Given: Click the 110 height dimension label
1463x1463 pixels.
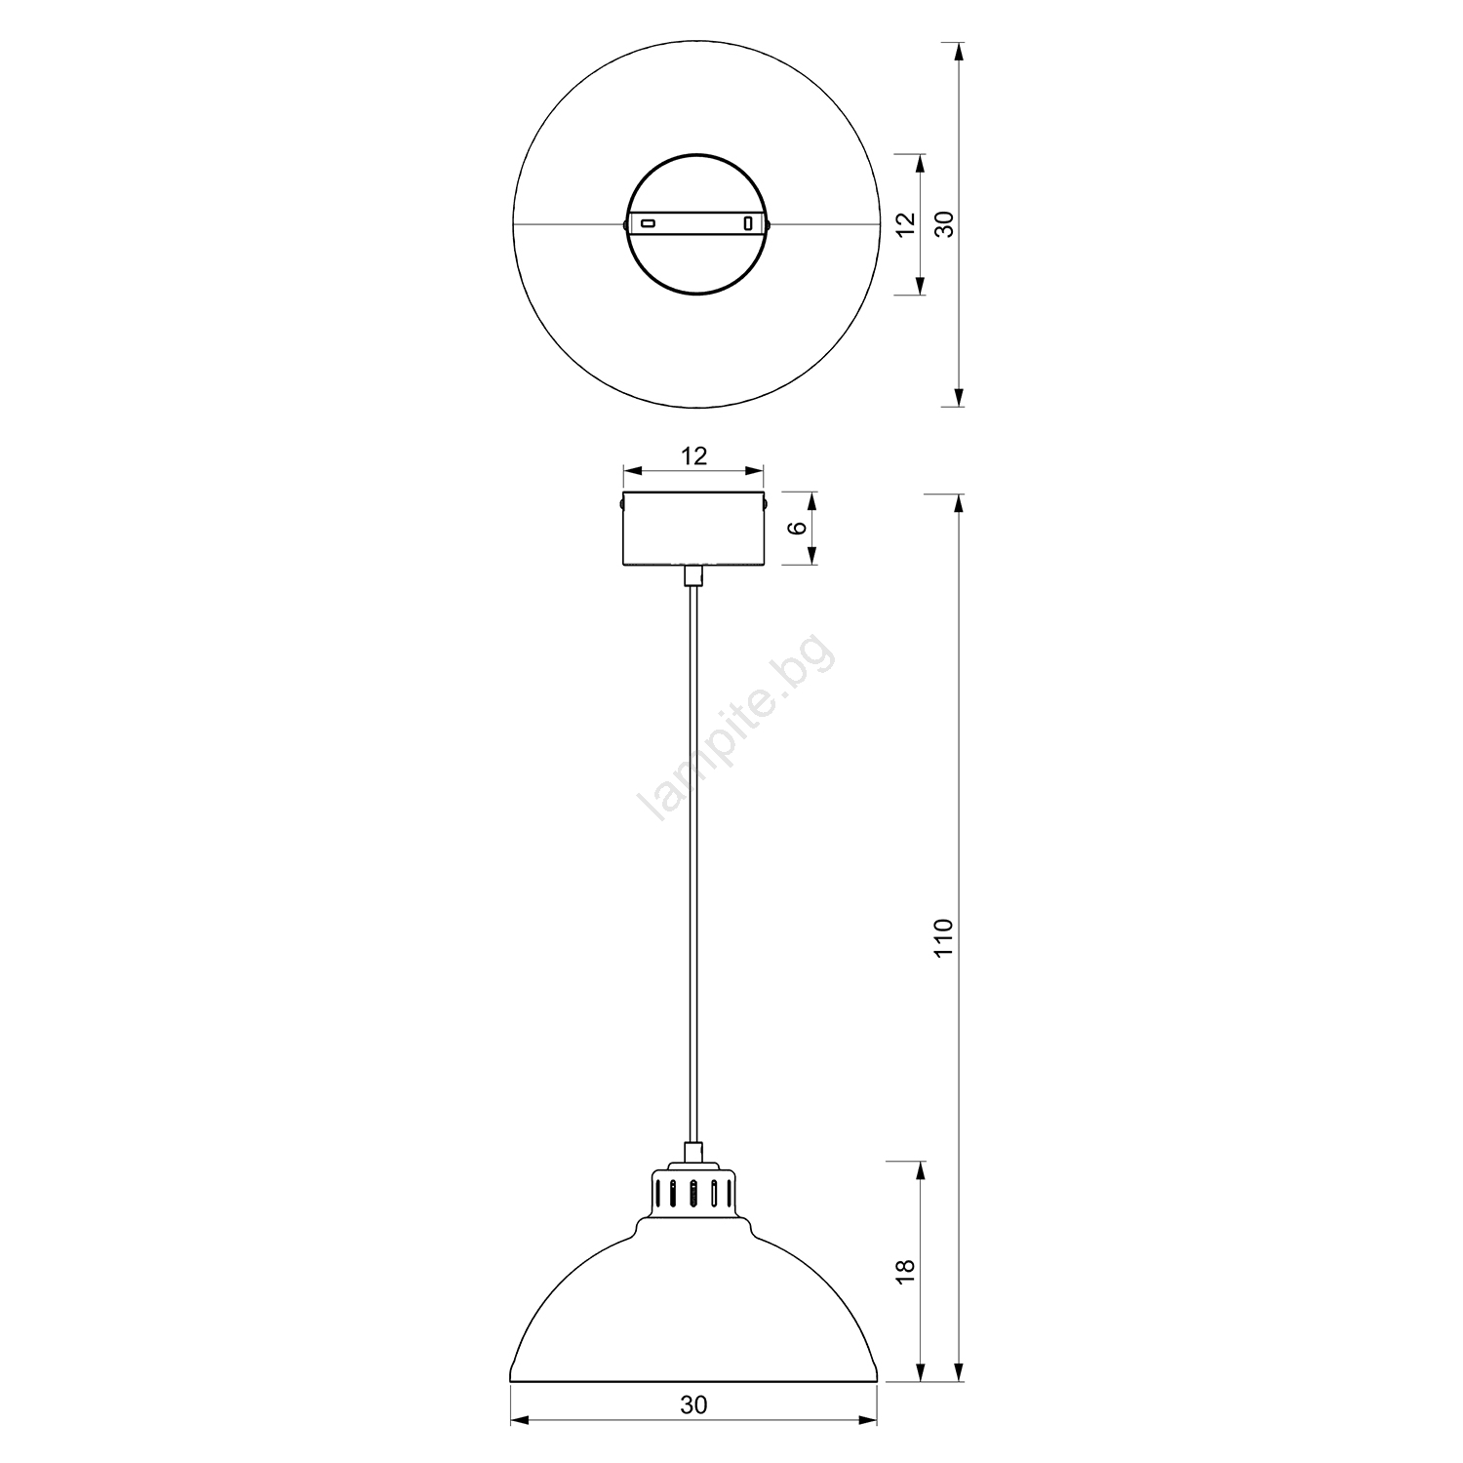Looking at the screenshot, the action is point(941,937).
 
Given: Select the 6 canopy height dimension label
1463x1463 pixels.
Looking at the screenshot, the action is point(797,528).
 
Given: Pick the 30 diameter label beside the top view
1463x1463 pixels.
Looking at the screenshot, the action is point(941,224).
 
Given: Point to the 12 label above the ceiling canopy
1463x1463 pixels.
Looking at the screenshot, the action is point(693,455).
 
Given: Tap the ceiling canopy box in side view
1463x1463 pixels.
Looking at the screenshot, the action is point(693,529).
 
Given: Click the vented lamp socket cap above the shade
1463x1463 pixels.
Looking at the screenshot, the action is point(693,1190).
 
